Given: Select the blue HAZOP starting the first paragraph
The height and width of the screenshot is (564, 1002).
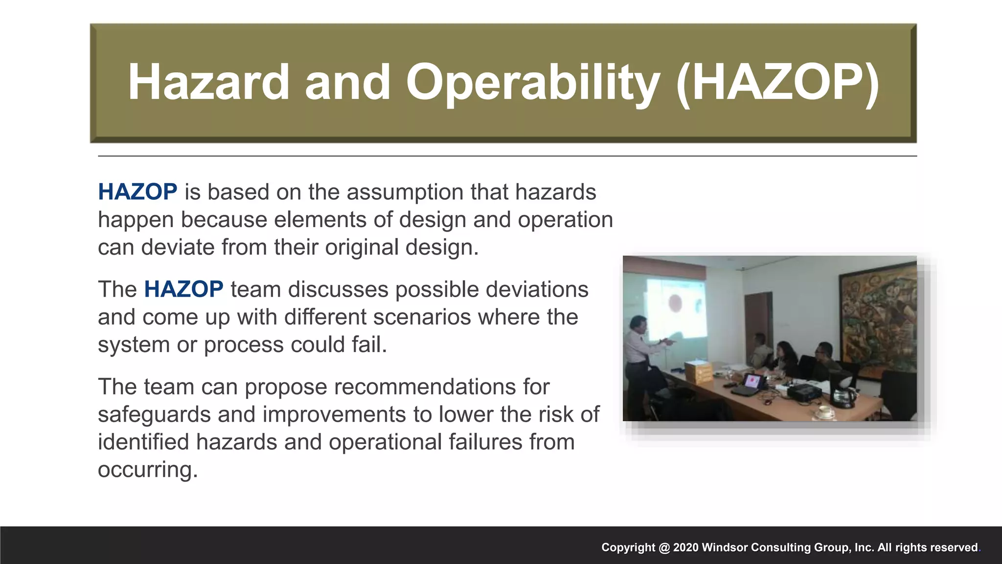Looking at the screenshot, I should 137,192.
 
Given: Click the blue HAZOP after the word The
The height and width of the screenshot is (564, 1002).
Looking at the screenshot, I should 183,289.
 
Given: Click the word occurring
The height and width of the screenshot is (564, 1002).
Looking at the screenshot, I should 147,470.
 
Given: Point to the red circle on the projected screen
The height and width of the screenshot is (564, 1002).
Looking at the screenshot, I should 675,303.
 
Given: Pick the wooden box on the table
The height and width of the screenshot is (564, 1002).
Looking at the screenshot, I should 698,372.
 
